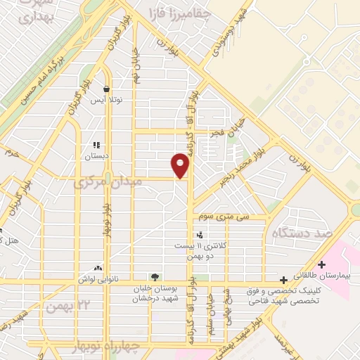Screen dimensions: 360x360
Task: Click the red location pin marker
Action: [x=181, y=165]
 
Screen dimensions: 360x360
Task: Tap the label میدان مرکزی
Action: [x=108, y=181]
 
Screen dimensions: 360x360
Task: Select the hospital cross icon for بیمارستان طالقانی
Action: [x=321, y=265]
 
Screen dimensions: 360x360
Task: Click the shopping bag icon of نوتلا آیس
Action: [x=106, y=90]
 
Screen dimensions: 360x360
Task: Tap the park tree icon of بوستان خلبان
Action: [x=154, y=276]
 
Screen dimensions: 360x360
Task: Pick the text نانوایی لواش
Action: [x=72, y=280]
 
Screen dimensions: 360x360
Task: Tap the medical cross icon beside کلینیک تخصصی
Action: [x=283, y=280]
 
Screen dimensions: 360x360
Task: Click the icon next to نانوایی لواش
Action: [x=97, y=268]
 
